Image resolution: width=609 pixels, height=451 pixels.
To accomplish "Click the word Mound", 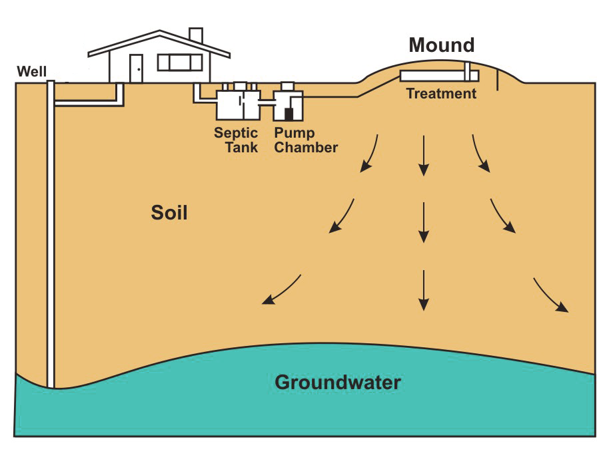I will pos(441,45).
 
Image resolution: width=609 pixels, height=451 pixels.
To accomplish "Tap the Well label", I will pos(32,71).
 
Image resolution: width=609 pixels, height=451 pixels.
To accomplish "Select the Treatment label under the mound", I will pos(441,94).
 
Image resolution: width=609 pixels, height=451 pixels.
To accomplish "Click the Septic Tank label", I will pos(236,140).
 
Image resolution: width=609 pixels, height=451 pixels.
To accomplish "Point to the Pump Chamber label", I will pos(306,140).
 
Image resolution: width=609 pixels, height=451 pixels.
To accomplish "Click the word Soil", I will pos(169,213).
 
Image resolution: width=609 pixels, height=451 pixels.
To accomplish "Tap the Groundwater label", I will pos(338,382).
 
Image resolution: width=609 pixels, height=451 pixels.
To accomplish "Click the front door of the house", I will pos(136,69).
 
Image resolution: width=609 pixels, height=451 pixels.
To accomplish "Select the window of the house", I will pos(179,63).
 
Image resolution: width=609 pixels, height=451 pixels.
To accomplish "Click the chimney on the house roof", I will pos(196,36).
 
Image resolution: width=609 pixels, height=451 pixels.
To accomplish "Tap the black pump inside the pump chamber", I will pos(289,113).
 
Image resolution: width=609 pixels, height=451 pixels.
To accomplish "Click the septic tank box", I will pos(237,105).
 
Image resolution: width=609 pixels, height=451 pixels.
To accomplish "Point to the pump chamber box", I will pos(288,104).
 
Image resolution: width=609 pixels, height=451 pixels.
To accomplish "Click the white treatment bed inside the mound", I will pos(433,75).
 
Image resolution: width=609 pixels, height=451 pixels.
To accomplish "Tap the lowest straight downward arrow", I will pos(422,290).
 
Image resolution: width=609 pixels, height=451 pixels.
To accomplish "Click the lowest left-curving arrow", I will pos(281,291).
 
